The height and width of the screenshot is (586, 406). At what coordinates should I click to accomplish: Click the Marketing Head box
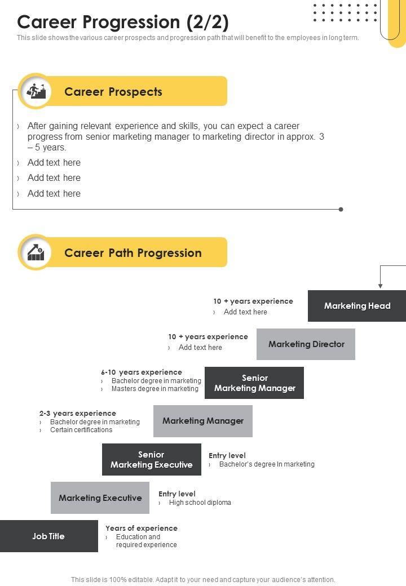(357, 306)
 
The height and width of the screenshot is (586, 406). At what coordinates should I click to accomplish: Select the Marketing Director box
(306, 344)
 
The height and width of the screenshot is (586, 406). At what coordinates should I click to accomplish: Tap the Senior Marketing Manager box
(254, 383)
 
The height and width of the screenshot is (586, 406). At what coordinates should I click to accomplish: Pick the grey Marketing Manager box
(203, 421)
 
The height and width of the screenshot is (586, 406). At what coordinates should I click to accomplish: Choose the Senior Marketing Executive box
(152, 460)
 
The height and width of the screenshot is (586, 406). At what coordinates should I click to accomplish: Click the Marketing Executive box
(100, 498)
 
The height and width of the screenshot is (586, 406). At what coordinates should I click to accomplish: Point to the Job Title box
(48, 536)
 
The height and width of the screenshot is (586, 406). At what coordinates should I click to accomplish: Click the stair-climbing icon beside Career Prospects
(36, 91)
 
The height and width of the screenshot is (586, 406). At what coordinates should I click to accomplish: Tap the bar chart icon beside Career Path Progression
(36, 252)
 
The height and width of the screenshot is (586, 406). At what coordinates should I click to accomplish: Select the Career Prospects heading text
(113, 92)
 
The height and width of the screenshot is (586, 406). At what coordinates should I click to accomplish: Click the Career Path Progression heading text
(133, 253)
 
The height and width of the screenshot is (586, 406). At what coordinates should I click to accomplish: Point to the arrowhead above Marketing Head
(381, 285)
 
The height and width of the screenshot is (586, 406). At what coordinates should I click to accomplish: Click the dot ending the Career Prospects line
(341, 209)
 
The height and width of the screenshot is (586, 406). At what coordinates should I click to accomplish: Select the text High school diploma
(200, 503)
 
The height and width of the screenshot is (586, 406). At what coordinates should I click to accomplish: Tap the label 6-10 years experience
(142, 372)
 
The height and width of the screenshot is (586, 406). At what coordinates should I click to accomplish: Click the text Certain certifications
(81, 430)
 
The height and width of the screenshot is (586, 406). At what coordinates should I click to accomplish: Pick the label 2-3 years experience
(78, 413)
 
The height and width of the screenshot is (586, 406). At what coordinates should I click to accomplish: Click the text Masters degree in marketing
(155, 389)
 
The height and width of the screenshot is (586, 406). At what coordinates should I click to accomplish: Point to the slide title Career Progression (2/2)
(123, 22)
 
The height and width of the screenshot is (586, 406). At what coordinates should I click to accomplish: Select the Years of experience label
(142, 528)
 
